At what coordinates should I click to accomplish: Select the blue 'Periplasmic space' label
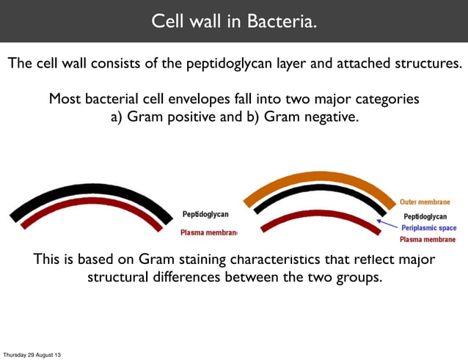(x=428, y=228)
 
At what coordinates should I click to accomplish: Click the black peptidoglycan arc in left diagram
(x=87, y=191)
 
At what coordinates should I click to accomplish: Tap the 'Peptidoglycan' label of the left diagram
(x=205, y=214)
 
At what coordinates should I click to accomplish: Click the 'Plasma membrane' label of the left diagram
(x=208, y=232)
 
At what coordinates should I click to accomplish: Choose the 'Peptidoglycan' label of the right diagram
(x=425, y=216)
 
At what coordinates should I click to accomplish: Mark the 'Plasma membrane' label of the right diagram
(x=427, y=239)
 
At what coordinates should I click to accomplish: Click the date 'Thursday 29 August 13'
(x=32, y=355)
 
